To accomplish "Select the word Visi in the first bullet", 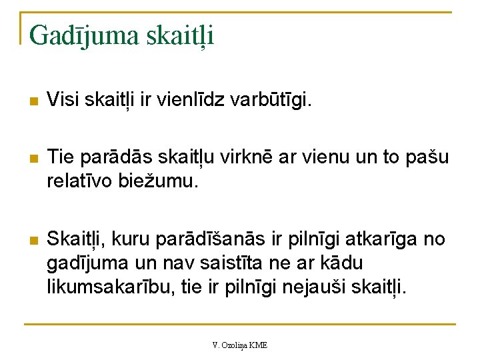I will point(61,101).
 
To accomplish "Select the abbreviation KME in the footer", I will point(259,345).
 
